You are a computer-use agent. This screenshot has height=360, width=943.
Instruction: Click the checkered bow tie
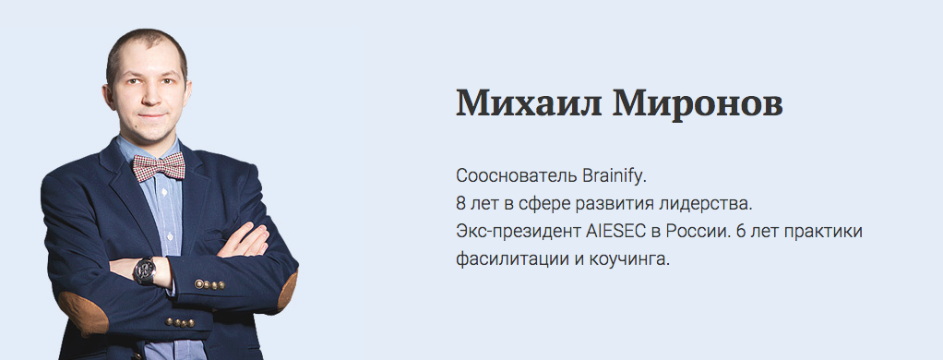159,166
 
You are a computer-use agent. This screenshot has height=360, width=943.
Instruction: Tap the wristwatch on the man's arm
145,270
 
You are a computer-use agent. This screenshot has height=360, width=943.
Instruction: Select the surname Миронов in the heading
698,103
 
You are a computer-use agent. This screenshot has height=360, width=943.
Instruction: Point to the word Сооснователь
517,176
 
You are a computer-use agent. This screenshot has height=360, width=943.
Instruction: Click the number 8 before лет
461,204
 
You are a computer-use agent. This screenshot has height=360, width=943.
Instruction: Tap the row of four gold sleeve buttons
209,284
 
